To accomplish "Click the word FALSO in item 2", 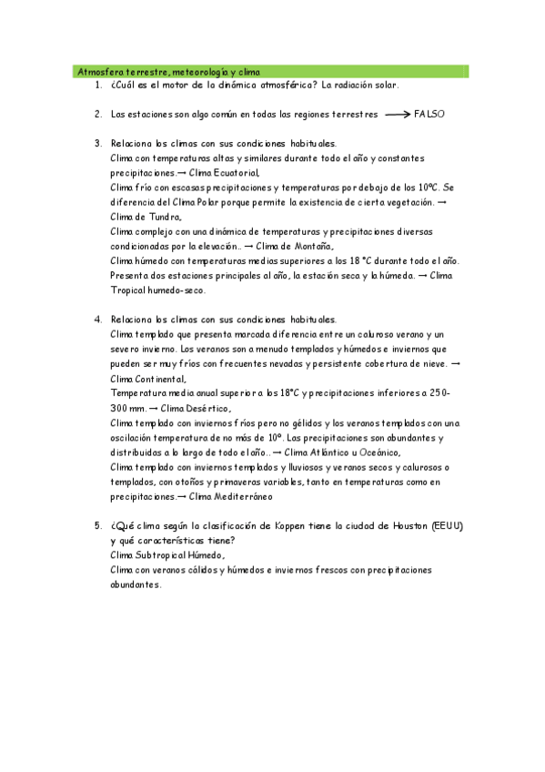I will (x=429, y=115).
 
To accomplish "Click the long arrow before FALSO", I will (x=398, y=115).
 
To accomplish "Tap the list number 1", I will (x=97, y=86).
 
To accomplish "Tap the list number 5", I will (x=97, y=526).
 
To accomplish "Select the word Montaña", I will (x=310, y=246).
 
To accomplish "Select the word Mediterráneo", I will (x=240, y=497).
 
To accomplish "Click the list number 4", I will (x=97, y=320).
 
